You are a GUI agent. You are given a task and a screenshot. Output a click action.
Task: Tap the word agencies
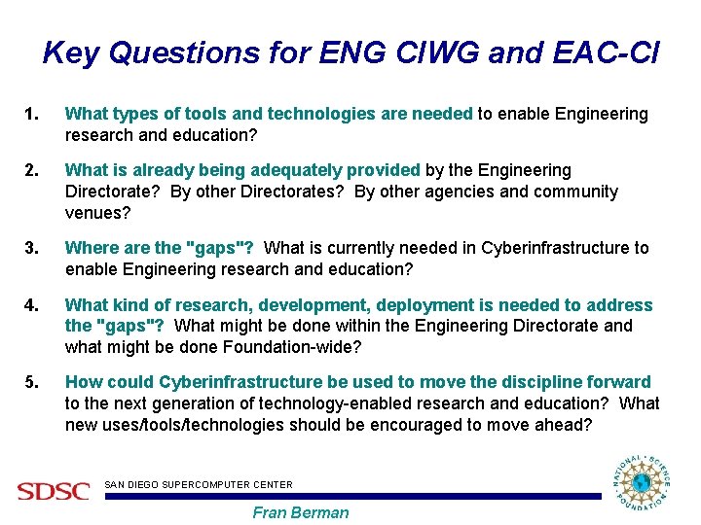click(466, 192)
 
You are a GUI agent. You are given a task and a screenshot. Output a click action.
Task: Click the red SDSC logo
click(53, 491)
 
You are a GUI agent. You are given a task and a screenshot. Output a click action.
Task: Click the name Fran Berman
click(300, 512)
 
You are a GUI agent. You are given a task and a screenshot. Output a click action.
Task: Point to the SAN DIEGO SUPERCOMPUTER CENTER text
click(198, 483)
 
